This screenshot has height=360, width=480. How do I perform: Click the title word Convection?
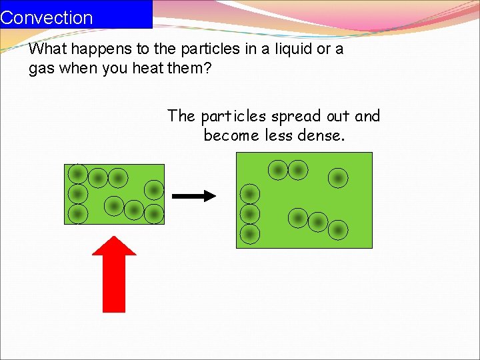[47, 17]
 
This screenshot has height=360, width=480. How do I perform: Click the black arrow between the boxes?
[194, 196]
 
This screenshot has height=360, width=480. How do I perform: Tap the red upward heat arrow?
[114, 280]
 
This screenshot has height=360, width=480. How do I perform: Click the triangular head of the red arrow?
[114, 247]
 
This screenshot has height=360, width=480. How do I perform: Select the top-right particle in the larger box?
[338, 177]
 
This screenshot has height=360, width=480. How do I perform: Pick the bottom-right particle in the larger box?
[338, 229]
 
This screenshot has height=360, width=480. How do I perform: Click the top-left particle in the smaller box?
[78, 174]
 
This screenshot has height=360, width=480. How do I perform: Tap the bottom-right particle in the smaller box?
[154, 213]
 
